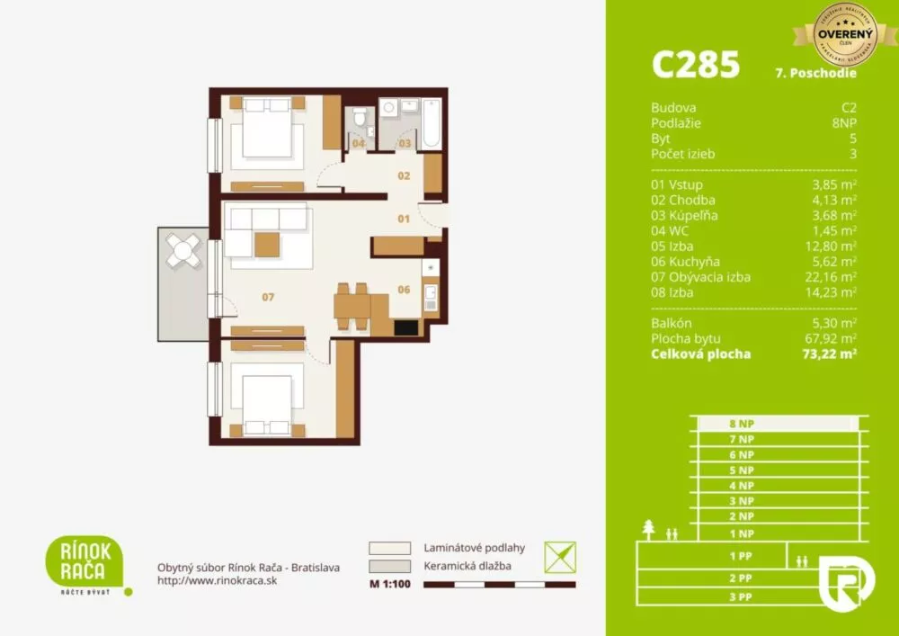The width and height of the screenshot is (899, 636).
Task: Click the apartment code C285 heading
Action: pyautogui.click(x=695, y=65)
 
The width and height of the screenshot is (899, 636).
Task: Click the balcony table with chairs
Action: pyautogui.click(x=184, y=252)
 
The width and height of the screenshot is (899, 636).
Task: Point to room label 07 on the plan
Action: pyautogui.click(x=267, y=296)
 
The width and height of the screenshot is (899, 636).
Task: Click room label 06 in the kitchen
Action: pyautogui.click(x=404, y=289)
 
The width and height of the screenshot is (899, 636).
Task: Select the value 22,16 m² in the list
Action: pyautogui.click(x=832, y=277)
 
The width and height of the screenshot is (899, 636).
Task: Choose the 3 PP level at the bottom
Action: pyautogui.click(x=740, y=596)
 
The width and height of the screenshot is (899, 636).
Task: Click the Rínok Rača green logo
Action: pyautogui.click(x=85, y=561)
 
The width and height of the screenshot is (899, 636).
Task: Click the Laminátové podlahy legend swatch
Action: pyautogui.click(x=389, y=548)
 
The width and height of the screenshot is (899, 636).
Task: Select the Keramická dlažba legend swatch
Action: pyautogui.click(x=389, y=567)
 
